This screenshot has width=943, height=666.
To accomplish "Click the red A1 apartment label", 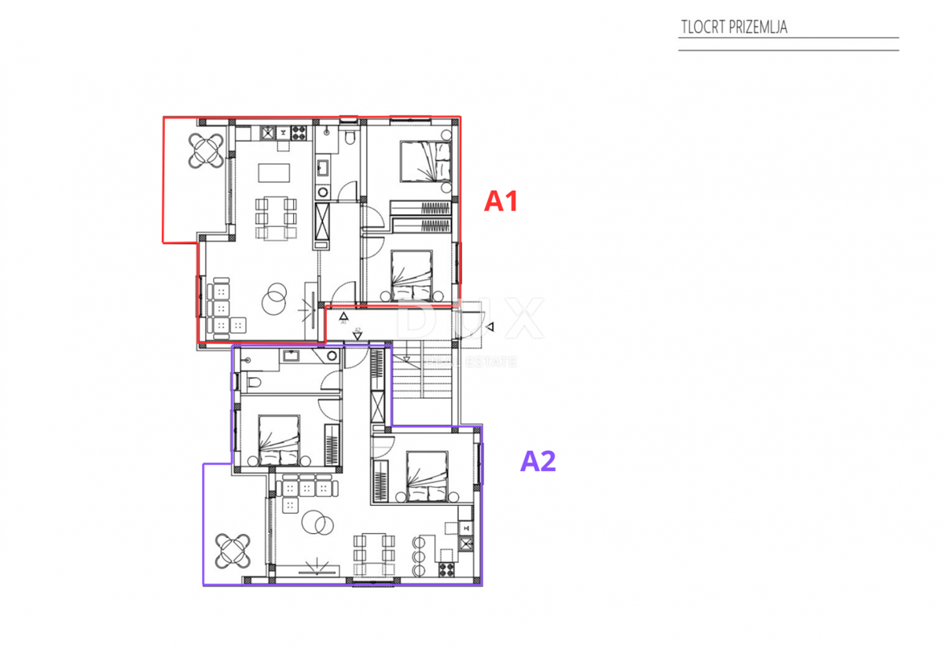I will [501, 201].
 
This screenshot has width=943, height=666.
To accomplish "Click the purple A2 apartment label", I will [538, 461].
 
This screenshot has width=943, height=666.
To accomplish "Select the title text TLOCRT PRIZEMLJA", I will [734, 27].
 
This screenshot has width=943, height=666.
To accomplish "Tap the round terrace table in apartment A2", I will [234, 549].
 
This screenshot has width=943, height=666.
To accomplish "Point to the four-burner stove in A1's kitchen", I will [299, 132].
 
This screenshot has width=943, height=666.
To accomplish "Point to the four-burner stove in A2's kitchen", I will [446, 569].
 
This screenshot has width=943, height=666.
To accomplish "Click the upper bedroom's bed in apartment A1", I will [420, 161].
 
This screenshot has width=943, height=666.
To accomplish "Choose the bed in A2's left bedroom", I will [277, 438].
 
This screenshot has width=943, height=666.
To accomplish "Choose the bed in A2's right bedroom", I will [427, 474].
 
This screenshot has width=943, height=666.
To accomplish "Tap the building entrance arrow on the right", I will [490, 326].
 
